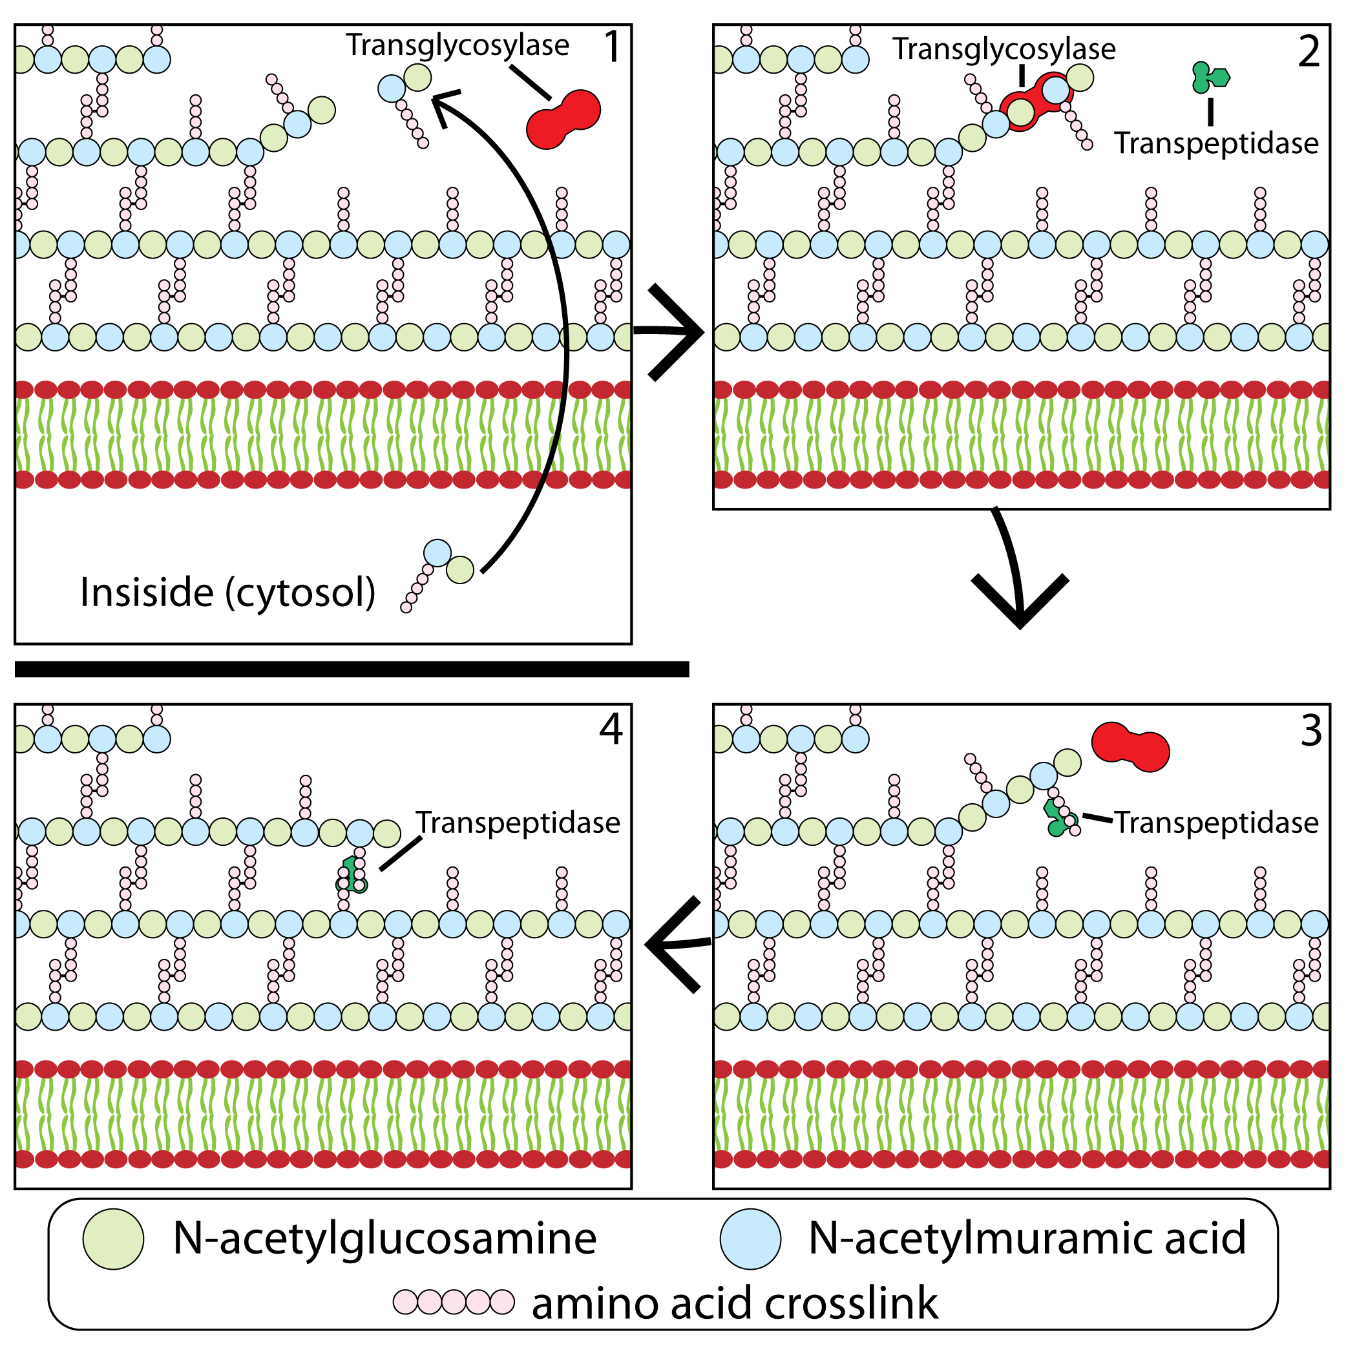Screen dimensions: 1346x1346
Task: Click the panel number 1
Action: pyautogui.click(x=611, y=47)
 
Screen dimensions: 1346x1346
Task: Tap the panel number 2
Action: pyautogui.click(x=1309, y=52)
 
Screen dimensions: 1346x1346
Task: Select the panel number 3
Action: pyautogui.click(x=1310, y=731)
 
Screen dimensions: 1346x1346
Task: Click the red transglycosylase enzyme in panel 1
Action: pyautogui.click(x=563, y=119)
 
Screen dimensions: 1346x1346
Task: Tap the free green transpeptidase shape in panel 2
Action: pyautogui.click(x=1210, y=78)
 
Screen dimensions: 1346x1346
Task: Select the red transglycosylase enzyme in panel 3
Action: pyautogui.click(x=1130, y=747)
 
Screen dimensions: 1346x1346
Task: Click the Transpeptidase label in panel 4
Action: pyautogui.click(x=518, y=823)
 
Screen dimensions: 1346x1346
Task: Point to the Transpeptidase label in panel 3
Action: pyautogui.click(x=1216, y=823)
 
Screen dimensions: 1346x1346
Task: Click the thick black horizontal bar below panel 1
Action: pyautogui.click(x=352, y=669)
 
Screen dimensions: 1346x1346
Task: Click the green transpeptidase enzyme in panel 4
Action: pyautogui.click(x=351, y=875)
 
